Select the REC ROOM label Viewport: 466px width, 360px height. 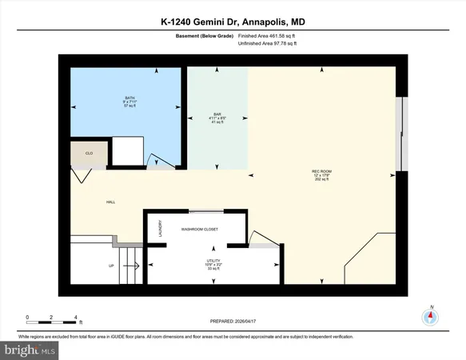click(321, 172)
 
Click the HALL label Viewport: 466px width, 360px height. click(111, 202)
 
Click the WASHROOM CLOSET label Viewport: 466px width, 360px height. click(197, 229)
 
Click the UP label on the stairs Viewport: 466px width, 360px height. click(111, 265)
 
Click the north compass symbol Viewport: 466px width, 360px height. click(432, 316)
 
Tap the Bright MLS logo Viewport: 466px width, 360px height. click(30, 350)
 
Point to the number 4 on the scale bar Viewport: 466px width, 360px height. click(75, 317)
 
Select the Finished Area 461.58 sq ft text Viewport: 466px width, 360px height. click(267, 35)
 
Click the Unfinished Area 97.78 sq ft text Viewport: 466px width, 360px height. click(267, 43)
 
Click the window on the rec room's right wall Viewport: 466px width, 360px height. click(404, 134)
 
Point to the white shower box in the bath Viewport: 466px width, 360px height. click(126, 150)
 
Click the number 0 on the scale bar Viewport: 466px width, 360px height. click(27, 317)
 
